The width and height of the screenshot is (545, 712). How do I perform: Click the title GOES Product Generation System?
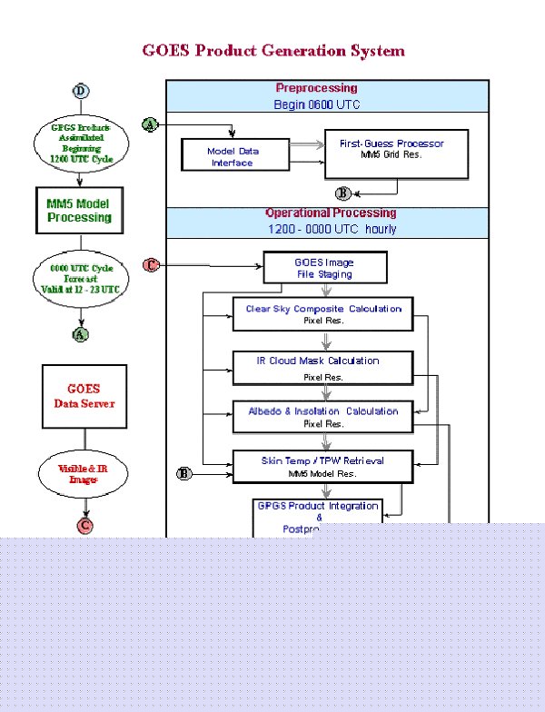(x=272, y=51)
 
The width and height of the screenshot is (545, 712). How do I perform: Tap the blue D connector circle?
(x=82, y=91)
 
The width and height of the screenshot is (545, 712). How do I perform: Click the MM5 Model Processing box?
(x=79, y=211)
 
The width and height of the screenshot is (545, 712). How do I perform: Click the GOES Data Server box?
(x=84, y=396)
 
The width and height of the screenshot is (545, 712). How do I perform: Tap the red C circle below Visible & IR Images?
(x=84, y=525)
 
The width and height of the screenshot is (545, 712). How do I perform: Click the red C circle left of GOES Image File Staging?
(x=151, y=265)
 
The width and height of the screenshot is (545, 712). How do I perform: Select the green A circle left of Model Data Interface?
(x=150, y=124)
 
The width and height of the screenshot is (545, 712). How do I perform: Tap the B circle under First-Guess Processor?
(x=342, y=193)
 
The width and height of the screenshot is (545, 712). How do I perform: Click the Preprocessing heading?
(x=316, y=88)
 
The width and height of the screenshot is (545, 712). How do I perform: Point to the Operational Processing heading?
(x=330, y=213)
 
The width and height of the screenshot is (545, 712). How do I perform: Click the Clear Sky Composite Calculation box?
(x=323, y=314)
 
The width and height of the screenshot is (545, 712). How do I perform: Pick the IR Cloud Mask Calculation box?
(x=323, y=366)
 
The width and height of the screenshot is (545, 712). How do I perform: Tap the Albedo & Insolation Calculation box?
(x=323, y=417)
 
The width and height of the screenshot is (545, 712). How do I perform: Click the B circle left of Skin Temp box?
(x=184, y=473)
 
